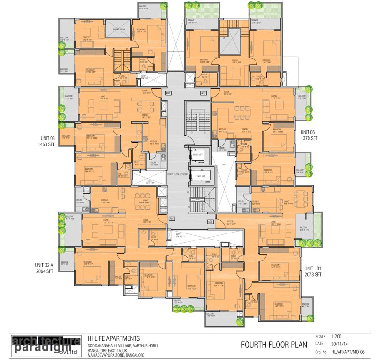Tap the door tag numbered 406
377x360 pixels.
(x=204, y=93)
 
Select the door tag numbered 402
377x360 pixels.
(x=172, y=218)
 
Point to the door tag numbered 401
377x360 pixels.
(x=210, y=221)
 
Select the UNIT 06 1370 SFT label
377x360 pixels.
(x=309, y=135)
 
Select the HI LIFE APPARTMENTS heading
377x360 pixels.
(x=114, y=338)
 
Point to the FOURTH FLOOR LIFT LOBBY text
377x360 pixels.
(x=177, y=173)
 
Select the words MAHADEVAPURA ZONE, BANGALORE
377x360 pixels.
(x=116, y=355)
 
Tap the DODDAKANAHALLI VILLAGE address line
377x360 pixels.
(x=123, y=346)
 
